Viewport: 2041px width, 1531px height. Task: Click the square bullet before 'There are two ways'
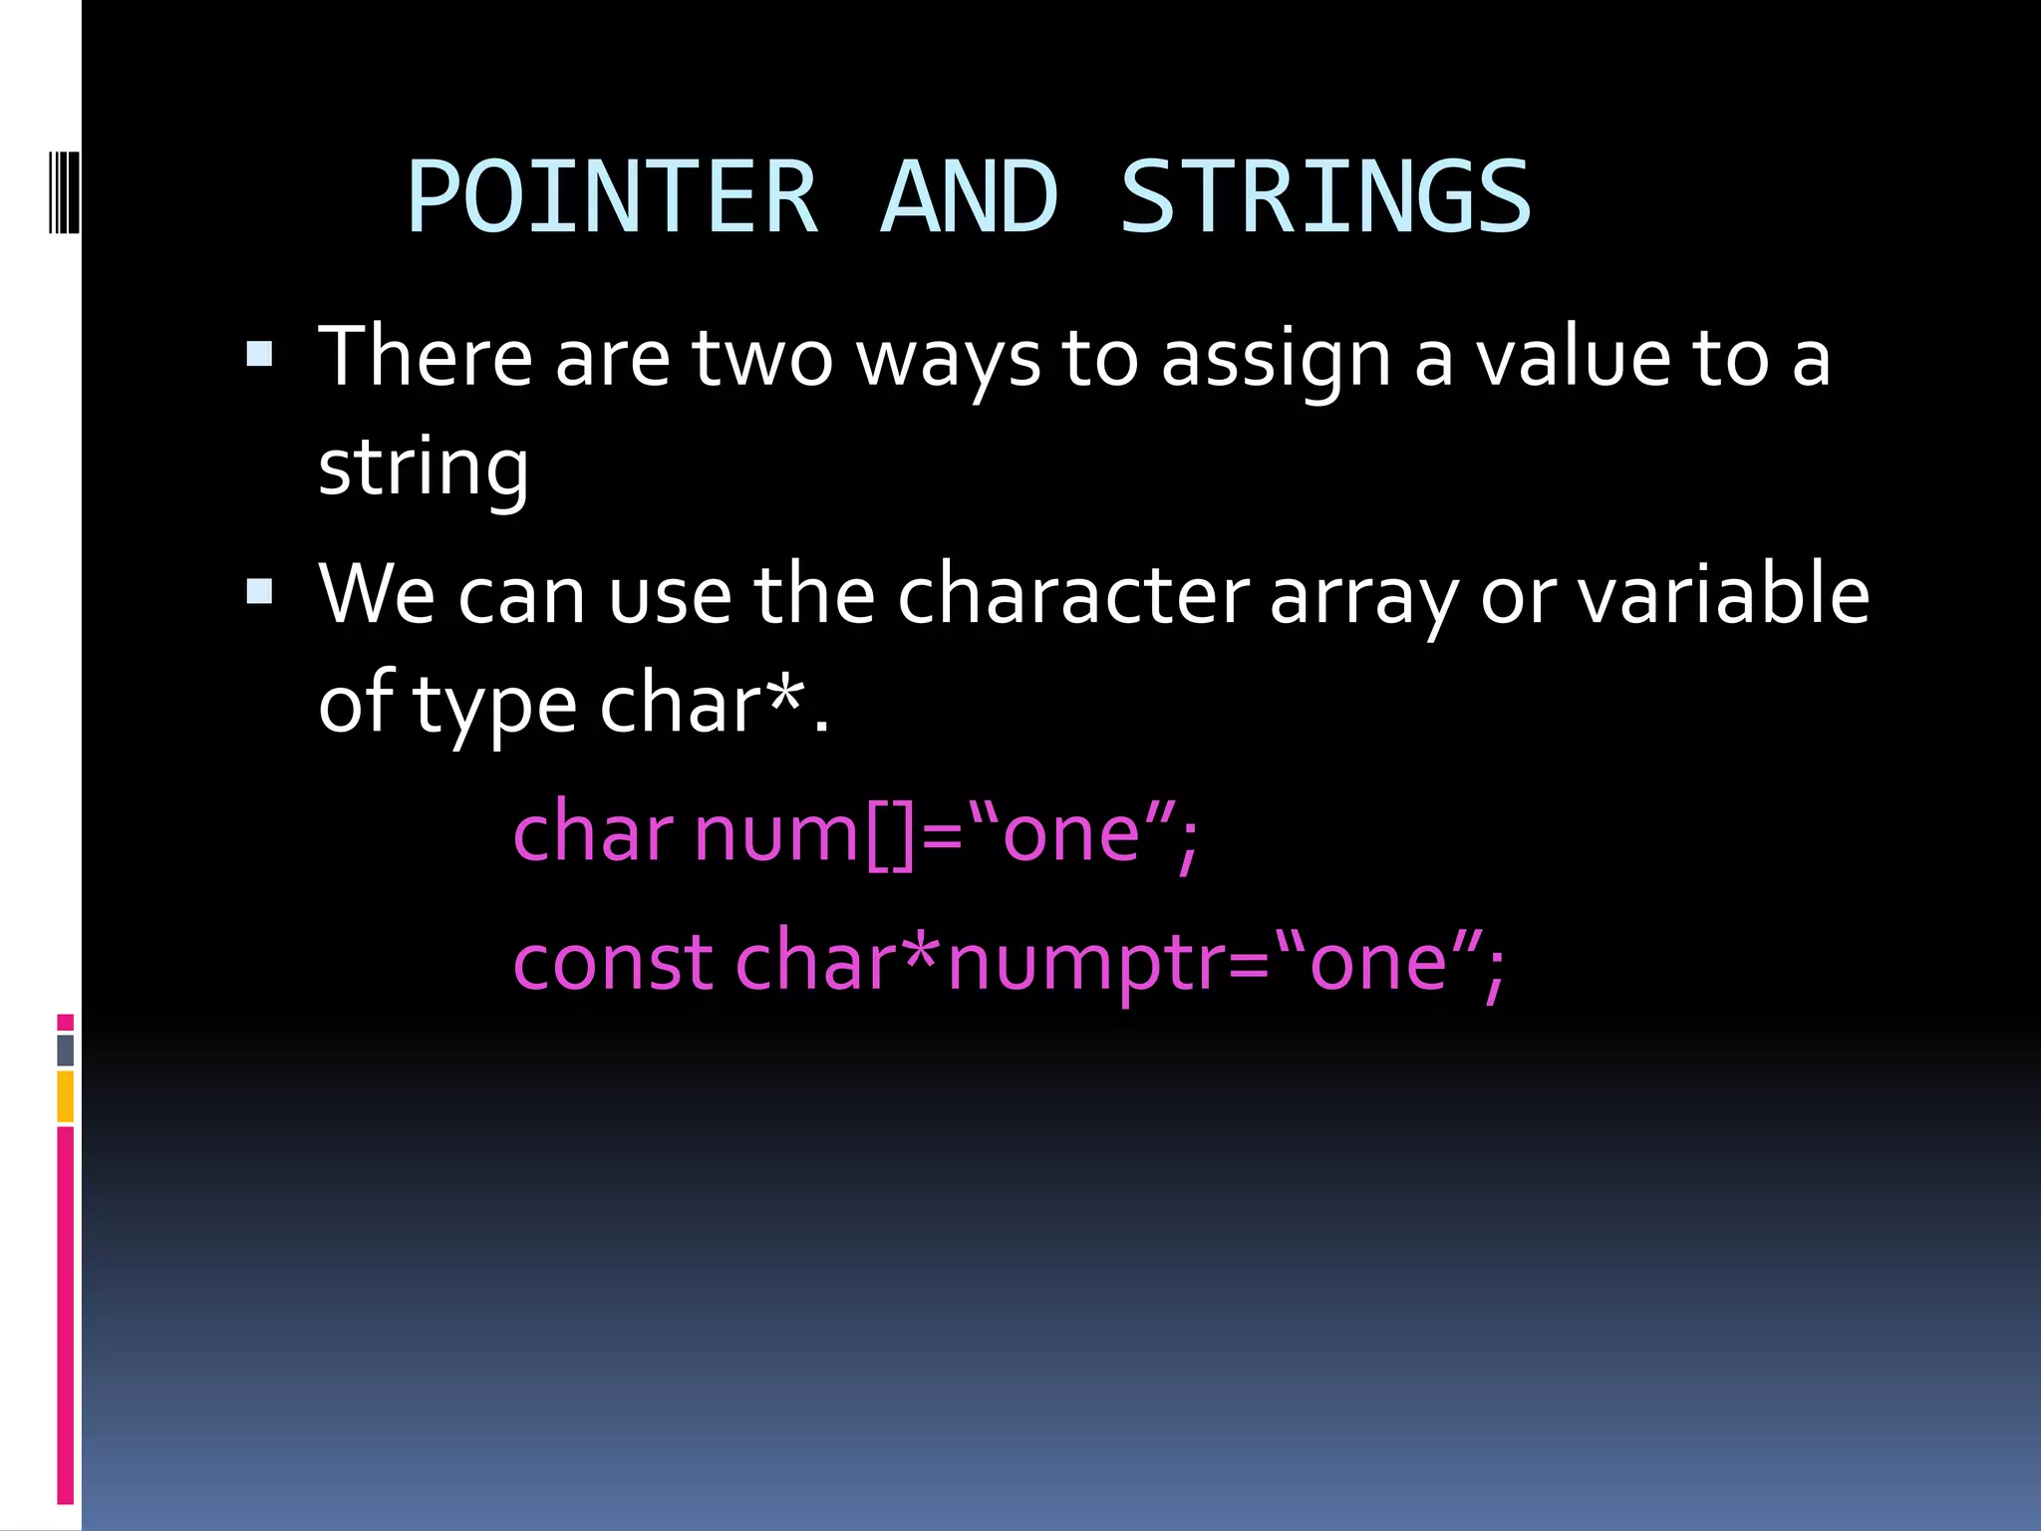(259, 354)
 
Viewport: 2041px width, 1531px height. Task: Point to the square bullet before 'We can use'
(259, 592)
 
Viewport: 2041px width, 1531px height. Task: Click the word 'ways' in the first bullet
(948, 361)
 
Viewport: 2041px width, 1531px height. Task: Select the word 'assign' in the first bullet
(1276, 361)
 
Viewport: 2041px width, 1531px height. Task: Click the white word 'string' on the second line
(423, 468)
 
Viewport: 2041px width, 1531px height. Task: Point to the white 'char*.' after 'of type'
(714, 704)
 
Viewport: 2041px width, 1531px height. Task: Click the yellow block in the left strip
(65, 1096)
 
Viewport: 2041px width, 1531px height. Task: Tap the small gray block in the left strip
(65, 1051)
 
